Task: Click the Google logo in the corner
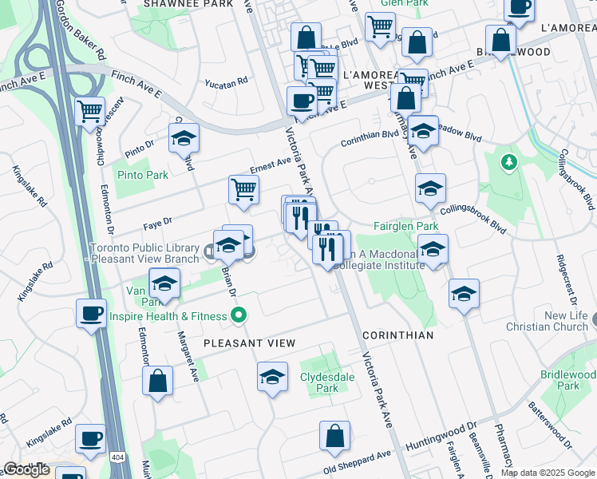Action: point(26,470)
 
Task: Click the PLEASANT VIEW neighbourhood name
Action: point(249,343)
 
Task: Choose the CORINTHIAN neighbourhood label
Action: point(398,335)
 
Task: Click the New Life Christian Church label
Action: point(547,322)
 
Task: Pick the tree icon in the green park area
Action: point(508,163)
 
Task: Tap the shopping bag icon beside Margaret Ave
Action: point(158,380)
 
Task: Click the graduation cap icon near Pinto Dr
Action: point(184,138)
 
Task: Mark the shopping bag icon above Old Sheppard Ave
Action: point(335,435)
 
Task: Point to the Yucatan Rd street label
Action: point(226,81)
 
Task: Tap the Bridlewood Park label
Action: point(567,380)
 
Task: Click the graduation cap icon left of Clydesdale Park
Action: point(272,376)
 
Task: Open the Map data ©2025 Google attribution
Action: point(548,473)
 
